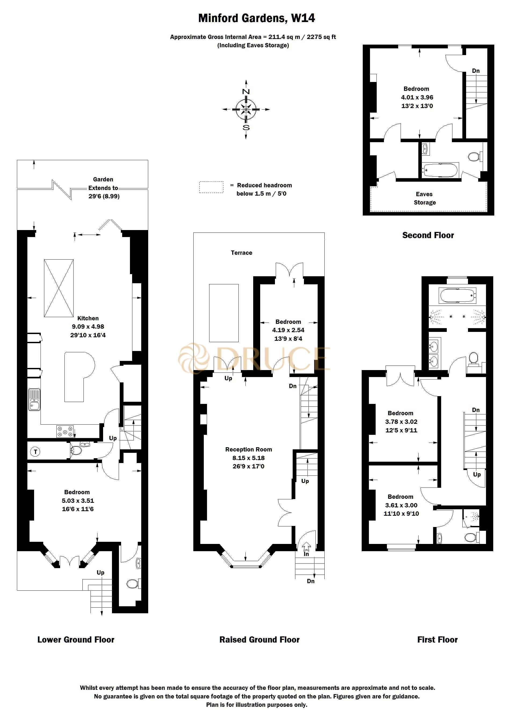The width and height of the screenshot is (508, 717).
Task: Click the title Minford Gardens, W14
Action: [x=256, y=18]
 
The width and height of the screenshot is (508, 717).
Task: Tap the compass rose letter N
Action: [x=246, y=92]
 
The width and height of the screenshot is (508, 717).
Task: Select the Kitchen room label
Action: [x=88, y=318]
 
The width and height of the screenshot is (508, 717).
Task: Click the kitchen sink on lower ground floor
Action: [x=34, y=400]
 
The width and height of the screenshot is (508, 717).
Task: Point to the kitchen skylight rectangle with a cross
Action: [x=59, y=288]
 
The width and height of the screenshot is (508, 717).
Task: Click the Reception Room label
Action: [x=248, y=449]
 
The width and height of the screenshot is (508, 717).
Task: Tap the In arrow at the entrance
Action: [x=306, y=548]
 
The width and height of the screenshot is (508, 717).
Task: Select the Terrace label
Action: [x=241, y=253]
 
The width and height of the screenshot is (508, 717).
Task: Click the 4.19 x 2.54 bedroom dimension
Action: [x=288, y=330]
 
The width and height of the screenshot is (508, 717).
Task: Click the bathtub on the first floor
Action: [x=457, y=295]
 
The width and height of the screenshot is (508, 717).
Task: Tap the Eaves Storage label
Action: [x=424, y=198]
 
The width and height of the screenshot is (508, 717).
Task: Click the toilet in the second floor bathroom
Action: [x=474, y=157]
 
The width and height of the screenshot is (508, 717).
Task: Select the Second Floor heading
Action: [x=428, y=235]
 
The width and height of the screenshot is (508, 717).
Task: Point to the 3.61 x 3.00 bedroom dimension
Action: [x=401, y=505]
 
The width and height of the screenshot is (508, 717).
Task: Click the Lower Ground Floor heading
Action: [x=76, y=639]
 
